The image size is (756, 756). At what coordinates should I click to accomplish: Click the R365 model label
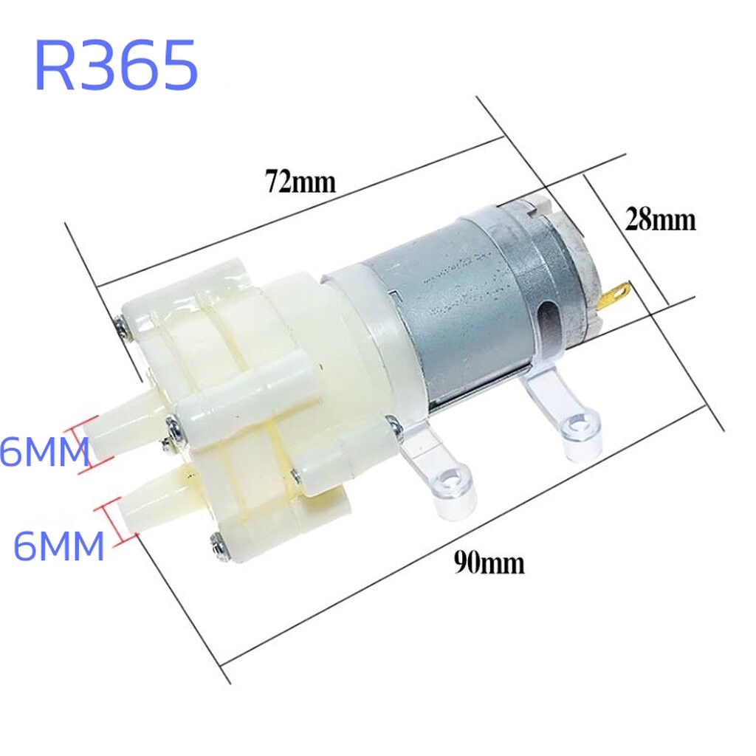(x=116, y=65)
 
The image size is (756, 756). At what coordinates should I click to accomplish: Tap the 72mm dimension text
(x=300, y=182)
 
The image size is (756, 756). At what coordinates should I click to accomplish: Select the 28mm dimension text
(x=660, y=220)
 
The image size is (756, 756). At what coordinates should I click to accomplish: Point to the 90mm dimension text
(x=489, y=562)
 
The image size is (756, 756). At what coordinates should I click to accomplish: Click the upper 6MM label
(x=45, y=451)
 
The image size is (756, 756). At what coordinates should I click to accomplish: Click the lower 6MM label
(x=58, y=546)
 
